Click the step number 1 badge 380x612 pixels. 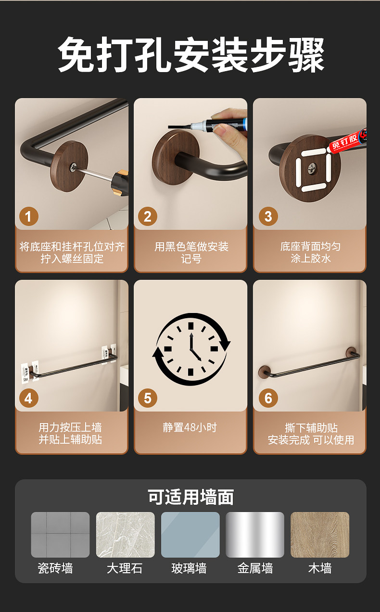pyautogui.click(x=29, y=216)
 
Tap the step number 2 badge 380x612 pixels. pyautogui.click(x=148, y=216)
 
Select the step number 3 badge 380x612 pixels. pyautogui.click(x=268, y=216)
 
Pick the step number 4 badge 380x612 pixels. pyautogui.click(x=29, y=398)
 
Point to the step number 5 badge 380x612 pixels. pyautogui.click(x=148, y=398)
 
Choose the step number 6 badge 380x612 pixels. pyautogui.click(x=268, y=398)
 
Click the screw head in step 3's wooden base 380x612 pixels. pyautogui.click(x=312, y=169)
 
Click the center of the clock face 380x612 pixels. pyautogui.click(x=191, y=350)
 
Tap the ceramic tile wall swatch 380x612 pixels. pyautogui.click(x=61, y=535)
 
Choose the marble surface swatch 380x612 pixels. pyautogui.click(x=125, y=535)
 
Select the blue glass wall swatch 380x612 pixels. pyautogui.click(x=190, y=535)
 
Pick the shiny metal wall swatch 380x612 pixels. pyautogui.click(x=255, y=535)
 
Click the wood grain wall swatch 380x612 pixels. pyautogui.click(x=320, y=535)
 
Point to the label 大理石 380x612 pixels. pyautogui.click(x=125, y=569)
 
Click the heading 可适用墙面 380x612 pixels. pyautogui.click(x=190, y=497)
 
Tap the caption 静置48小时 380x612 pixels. pyautogui.click(x=190, y=427)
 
